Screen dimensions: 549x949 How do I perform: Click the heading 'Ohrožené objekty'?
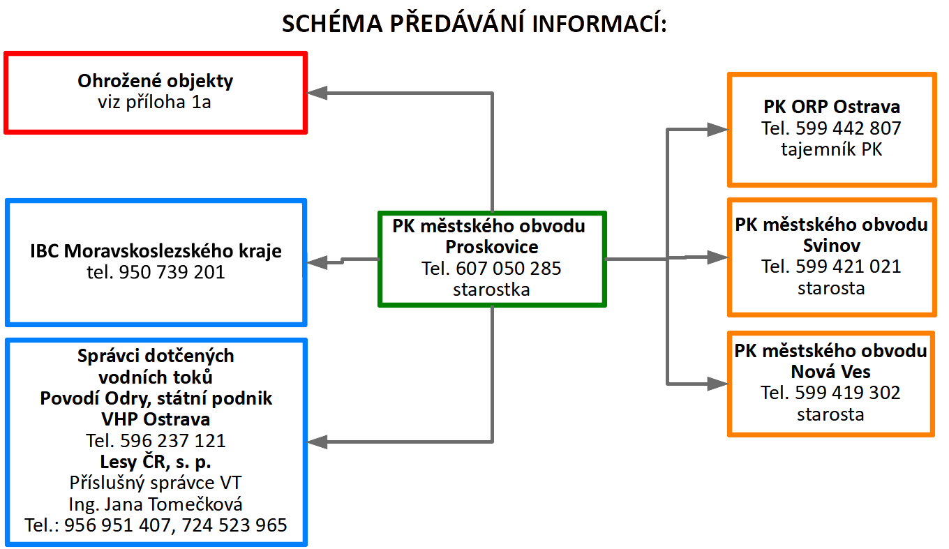tap(155, 81)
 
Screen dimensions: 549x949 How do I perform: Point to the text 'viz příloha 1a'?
tap(155, 103)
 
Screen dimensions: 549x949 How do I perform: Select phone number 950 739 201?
tap(172, 272)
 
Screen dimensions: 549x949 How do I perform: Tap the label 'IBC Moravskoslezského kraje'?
tap(156, 251)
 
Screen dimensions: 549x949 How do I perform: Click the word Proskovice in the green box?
tap(492, 247)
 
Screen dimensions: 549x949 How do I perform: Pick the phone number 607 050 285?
tap(509, 268)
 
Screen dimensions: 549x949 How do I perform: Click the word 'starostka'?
tap(491, 289)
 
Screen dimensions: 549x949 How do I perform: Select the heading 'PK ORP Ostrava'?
tap(831, 107)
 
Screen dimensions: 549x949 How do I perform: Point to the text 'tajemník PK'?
tap(831, 149)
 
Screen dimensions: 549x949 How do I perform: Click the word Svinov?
tap(831, 246)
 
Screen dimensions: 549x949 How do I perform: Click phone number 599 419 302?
tap(848, 393)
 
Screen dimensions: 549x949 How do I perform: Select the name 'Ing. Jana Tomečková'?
tap(156, 504)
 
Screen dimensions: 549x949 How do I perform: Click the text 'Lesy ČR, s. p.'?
tap(156, 462)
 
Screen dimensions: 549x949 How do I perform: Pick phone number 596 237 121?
tap(173, 441)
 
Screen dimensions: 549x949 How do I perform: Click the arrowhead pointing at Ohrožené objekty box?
tap(317, 92)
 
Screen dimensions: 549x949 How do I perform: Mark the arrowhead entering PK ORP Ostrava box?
tap(717, 128)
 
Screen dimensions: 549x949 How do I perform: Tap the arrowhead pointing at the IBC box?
tap(317, 262)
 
